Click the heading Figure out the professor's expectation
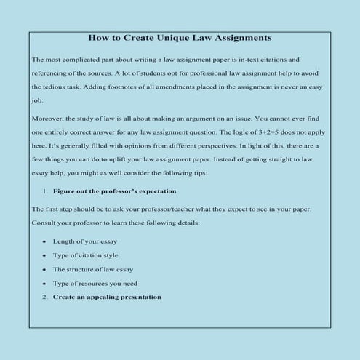tap(114, 191)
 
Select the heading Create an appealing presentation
tap(107, 297)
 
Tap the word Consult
tap(44, 221)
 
